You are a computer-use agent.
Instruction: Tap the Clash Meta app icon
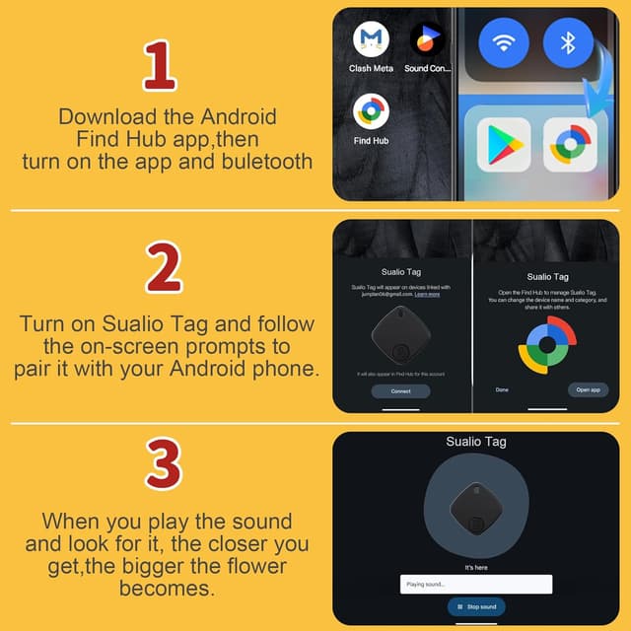pos(371,40)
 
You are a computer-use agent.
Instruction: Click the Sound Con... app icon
pos(427,40)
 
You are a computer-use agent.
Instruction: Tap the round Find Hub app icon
pos(371,111)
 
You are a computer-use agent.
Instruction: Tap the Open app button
pos(589,389)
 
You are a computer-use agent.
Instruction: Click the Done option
pos(503,389)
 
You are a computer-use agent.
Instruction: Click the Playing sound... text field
pos(476,585)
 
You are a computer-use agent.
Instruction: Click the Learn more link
pos(427,294)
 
